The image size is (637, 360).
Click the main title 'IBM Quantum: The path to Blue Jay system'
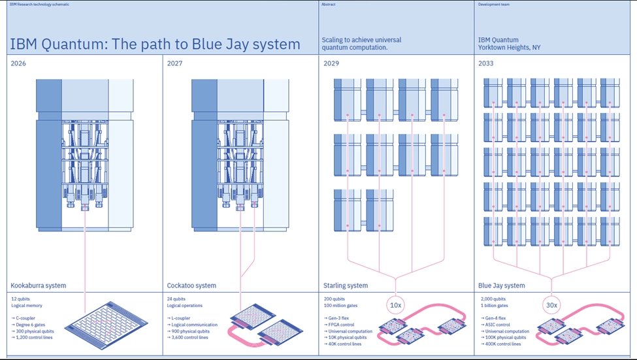pos(155,44)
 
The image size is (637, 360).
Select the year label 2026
pos(20,63)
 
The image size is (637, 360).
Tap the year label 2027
pos(175,63)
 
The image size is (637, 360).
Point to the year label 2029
pos(331,63)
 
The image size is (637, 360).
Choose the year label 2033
pos(487,63)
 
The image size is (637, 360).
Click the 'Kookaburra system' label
pos(39,286)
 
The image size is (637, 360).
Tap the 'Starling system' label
pos(346,286)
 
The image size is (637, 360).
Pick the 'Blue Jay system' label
pos(502,286)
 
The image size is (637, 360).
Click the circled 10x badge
pos(396,305)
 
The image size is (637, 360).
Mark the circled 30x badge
pos(552,305)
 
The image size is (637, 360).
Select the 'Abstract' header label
pos(329,4)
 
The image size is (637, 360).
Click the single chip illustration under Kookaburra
pos(106,325)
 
